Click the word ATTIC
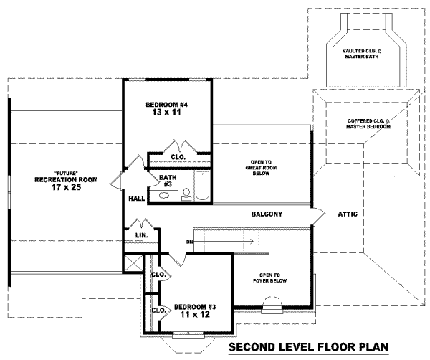point(349,214)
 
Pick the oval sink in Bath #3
point(166,194)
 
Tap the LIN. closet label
point(141,235)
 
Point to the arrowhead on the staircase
point(250,242)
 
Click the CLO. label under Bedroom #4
point(178,156)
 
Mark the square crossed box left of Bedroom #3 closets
point(132,263)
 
